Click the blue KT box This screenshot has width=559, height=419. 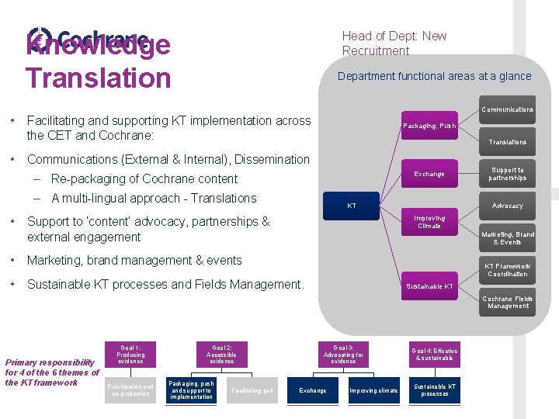pyautogui.click(x=352, y=206)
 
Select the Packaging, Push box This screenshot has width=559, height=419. pyautogui.click(x=429, y=126)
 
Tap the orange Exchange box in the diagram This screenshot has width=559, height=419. pyautogui.click(x=429, y=174)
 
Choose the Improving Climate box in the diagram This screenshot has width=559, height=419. pyautogui.click(x=429, y=222)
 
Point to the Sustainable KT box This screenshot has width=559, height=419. pyautogui.click(x=429, y=286)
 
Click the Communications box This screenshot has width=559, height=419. pyautogui.click(x=508, y=109)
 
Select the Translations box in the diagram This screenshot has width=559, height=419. pyautogui.click(x=508, y=142)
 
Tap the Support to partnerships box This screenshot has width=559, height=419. pyautogui.click(x=508, y=174)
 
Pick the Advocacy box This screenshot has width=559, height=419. pyautogui.click(x=508, y=206)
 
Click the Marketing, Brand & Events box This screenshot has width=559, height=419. pyautogui.click(x=508, y=238)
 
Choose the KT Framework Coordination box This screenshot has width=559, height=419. pyautogui.click(x=508, y=270)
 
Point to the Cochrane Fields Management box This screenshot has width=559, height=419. pyautogui.click(x=508, y=302)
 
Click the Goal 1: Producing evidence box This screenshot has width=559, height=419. pyautogui.click(x=130, y=354)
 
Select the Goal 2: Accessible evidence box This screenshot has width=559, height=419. pyautogui.click(x=222, y=354)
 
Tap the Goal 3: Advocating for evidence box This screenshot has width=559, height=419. pyautogui.click(x=343, y=354)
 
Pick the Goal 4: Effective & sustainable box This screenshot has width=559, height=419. pyautogui.click(x=435, y=355)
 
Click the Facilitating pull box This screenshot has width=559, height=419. pyautogui.click(x=252, y=390)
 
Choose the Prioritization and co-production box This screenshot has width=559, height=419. pyautogui.click(x=130, y=390)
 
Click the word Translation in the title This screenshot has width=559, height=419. pyautogui.click(x=98, y=78)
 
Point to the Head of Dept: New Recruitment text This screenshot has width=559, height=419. pyautogui.click(x=394, y=43)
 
